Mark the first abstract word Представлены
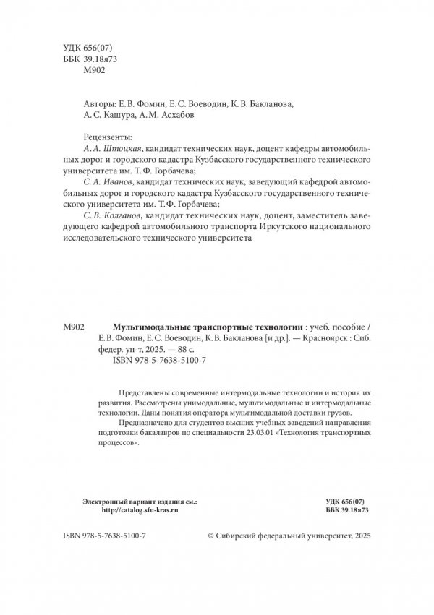[x=133, y=389]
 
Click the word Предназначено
[x=136, y=423]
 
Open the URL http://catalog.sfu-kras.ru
[x=140, y=509]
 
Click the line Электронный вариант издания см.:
[x=140, y=499]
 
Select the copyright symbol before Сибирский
[x=211, y=538]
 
